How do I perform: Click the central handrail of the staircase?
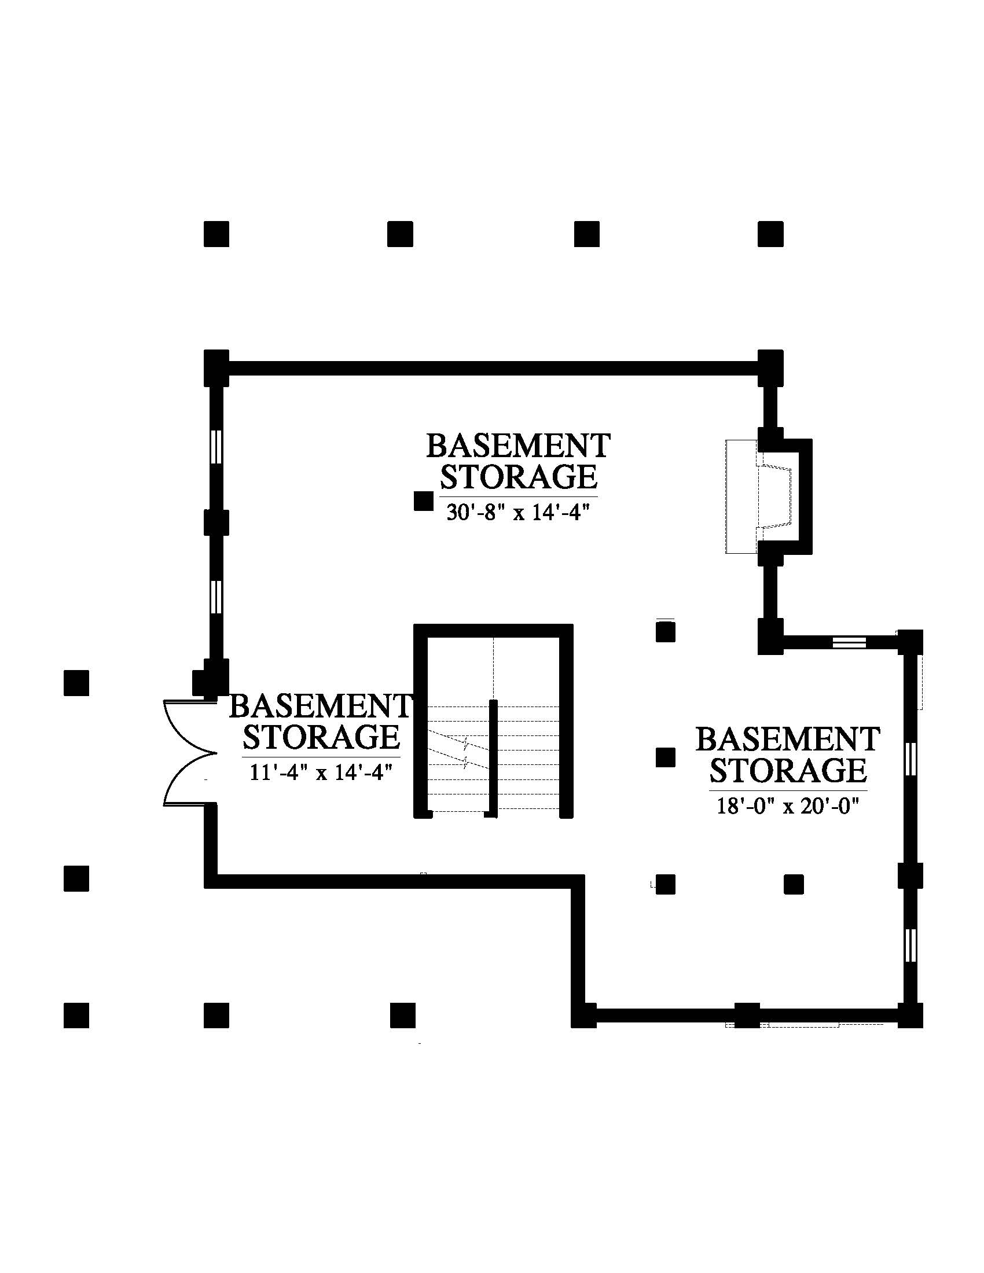493,759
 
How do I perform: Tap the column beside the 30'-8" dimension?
423,501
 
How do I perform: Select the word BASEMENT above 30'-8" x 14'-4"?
518,446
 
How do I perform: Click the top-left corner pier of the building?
216,367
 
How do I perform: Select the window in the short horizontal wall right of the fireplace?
849,642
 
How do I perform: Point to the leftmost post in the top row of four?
216,234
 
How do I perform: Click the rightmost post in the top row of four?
770,234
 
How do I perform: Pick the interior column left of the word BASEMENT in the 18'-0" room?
666,758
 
